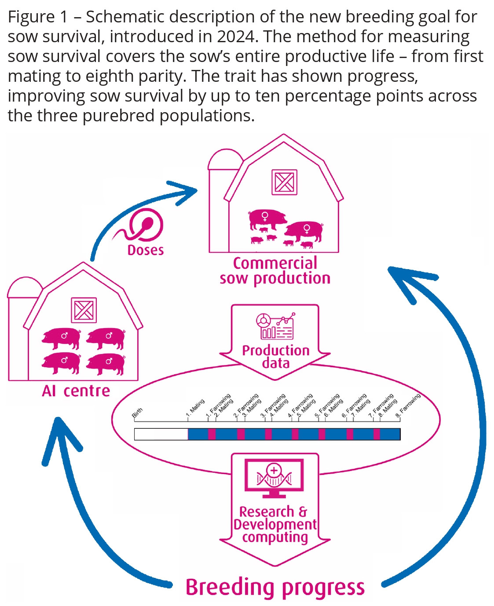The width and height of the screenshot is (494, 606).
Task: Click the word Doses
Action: click(145, 250)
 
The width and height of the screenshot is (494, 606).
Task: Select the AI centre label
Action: click(76, 391)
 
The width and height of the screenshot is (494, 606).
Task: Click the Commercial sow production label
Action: click(275, 271)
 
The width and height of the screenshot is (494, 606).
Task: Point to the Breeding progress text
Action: click(275, 588)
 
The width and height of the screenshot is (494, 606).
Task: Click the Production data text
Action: click(276, 357)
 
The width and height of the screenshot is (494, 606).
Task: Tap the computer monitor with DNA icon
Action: click(274, 477)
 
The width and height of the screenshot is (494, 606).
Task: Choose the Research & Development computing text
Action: click(274, 525)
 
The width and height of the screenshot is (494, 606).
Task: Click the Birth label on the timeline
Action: click(137, 413)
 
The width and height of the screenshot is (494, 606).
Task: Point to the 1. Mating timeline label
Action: click(195, 408)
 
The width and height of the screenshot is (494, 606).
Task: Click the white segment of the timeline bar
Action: click(161, 434)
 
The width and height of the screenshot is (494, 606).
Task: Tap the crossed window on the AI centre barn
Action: click(84, 310)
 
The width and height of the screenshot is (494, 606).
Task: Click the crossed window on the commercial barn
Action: click(284, 182)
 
